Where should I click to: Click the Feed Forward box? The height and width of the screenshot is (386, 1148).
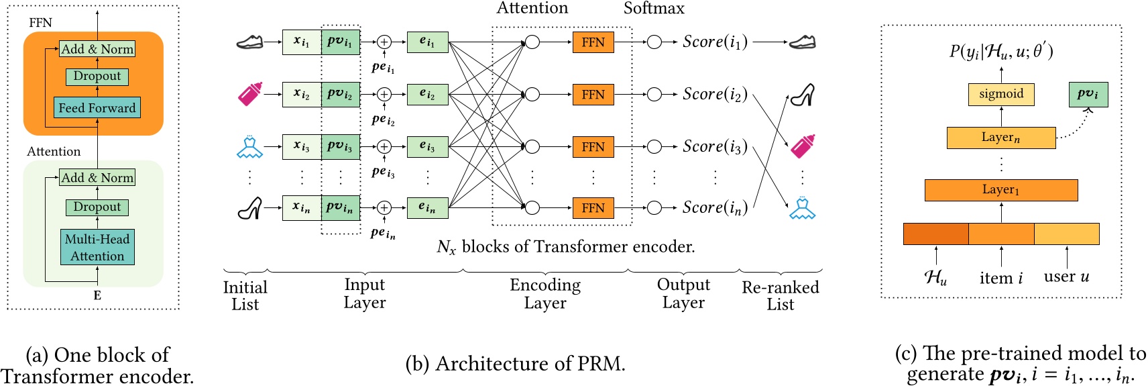[x=97, y=107]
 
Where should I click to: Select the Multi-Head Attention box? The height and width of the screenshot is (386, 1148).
[x=97, y=247]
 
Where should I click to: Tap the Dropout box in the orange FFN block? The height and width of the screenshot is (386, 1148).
[x=97, y=77]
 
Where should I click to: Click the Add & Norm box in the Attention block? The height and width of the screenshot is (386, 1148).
[x=97, y=177]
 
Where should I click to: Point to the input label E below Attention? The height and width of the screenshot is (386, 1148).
[x=97, y=295]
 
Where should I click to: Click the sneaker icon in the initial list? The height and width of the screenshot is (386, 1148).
[x=249, y=42]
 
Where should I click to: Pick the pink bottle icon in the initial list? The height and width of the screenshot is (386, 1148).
[x=249, y=94]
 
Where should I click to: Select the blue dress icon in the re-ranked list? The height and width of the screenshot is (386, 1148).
[x=802, y=208]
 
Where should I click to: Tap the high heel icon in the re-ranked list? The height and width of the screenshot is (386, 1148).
[x=802, y=95]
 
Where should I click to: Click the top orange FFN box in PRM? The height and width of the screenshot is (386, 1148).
[x=593, y=42]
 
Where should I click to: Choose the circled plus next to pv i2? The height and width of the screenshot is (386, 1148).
[x=384, y=94]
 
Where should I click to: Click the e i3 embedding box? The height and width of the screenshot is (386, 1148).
[x=427, y=146]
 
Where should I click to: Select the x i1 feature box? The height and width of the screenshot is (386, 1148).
[x=301, y=42]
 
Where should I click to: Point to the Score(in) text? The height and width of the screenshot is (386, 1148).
[x=714, y=208]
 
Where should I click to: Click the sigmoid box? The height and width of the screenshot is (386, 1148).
[x=1001, y=94]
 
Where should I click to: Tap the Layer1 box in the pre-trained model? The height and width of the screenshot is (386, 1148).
[x=1000, y=190]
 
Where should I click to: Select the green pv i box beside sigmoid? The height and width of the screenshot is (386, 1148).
[x=1088, y=94]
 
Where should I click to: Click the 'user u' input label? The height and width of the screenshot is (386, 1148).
[x=1066, y=277]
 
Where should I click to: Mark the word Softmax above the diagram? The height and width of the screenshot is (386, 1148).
[x=654, y=9]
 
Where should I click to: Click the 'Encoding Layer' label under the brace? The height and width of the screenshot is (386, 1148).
[x=545, y=294]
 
